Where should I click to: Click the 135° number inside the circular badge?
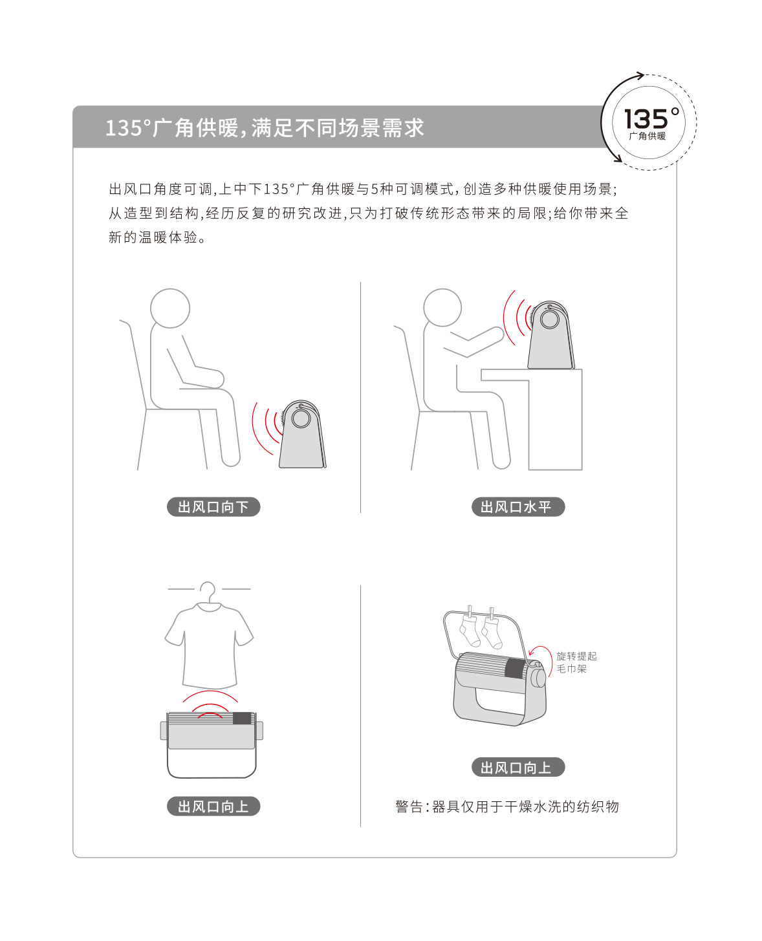pos(652,118)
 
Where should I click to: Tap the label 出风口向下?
pos(213,506)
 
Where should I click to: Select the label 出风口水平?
pos(517,506)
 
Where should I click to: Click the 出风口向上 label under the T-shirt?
pos(213,806)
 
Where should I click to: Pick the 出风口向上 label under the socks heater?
pos(517,768)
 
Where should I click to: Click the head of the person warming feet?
pos(170,308)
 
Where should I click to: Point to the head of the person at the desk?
pos(442,307)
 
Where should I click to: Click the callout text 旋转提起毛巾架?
pos(576,662)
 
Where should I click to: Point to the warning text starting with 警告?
pos(507,806)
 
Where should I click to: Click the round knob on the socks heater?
pos(539,678)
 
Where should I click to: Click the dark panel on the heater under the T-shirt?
pos(242,719)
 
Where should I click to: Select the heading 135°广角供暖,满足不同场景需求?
pos(265,127)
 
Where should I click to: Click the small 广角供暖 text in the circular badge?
pos(648,136)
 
